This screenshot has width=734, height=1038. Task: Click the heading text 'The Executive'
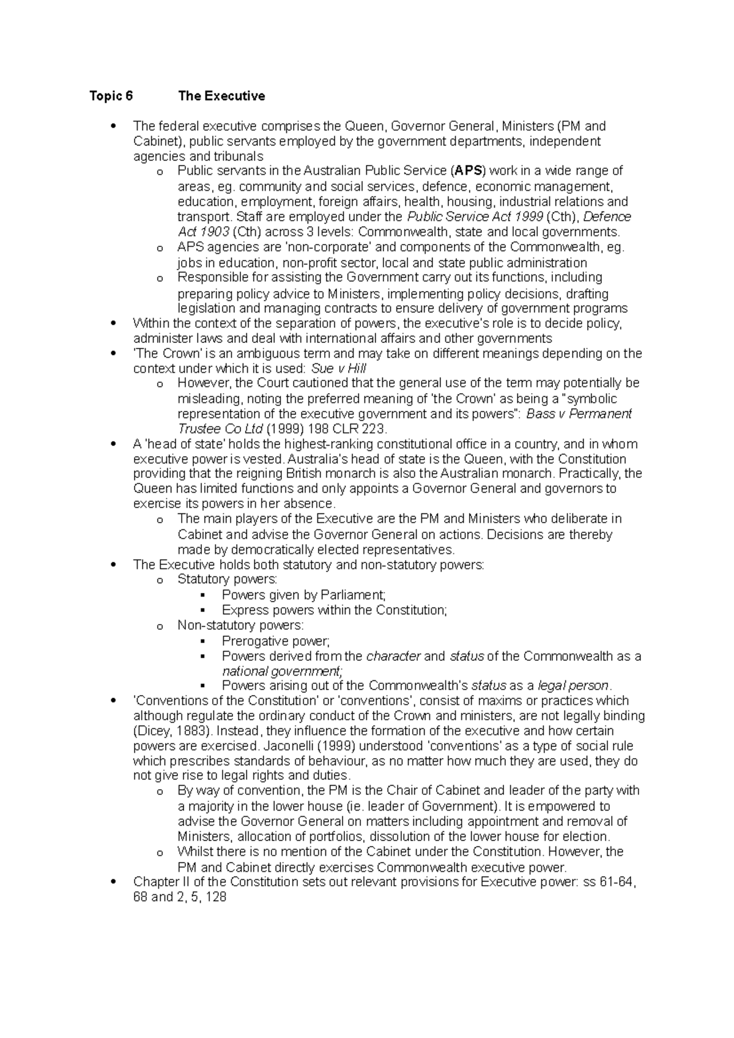[221, 96]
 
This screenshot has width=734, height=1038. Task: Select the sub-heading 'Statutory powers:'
[227, 580]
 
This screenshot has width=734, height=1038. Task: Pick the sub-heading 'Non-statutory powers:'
[240, 625]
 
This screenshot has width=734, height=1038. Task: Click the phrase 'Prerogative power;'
[276, 641]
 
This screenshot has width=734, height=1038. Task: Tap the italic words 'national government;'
[269, 671]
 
